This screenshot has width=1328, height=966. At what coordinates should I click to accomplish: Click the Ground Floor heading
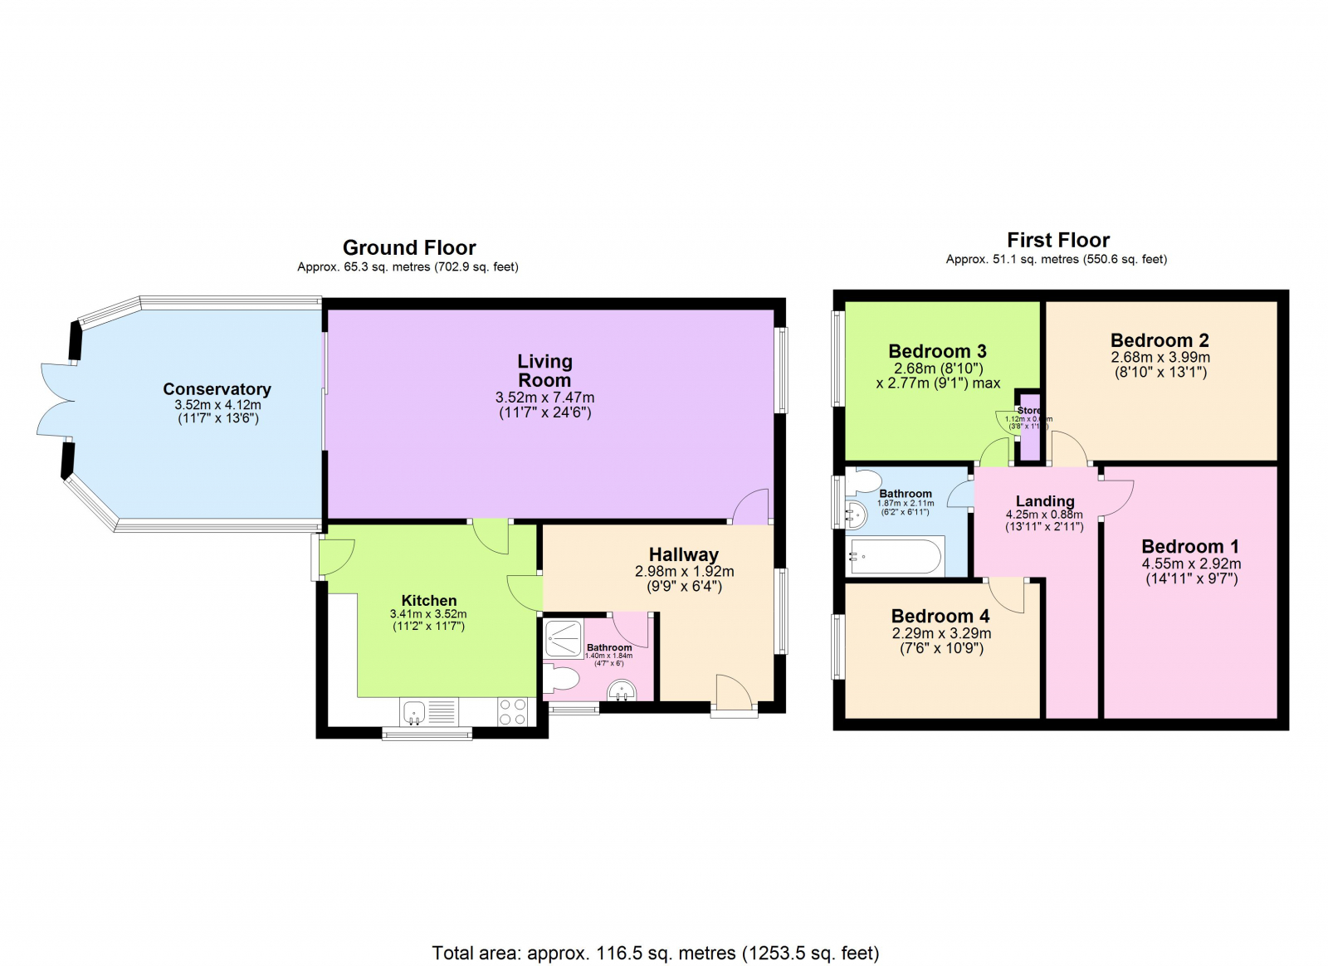click(409, 247)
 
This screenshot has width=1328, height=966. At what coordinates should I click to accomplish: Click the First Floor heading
click(1057, 240)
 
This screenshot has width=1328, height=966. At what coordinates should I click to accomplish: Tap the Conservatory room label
click(217, 389)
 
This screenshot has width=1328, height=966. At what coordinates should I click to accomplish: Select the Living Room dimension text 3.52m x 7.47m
click(544, 398)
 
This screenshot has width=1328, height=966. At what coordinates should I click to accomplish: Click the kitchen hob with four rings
click(512, 712)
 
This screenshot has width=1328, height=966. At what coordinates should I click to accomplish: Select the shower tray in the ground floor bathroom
click(564, 639)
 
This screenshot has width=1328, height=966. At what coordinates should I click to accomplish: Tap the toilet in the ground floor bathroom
click(561, 681)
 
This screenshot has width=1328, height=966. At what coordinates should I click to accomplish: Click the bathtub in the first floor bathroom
click(895, 557)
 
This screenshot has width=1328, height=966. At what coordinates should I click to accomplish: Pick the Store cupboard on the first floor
click(1028, 432)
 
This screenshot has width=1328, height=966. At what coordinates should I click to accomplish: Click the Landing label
click(1045, 501)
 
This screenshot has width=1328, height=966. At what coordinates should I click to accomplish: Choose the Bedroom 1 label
click(1189, 546)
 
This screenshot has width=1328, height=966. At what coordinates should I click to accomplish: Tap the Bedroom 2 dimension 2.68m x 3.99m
click(1160, 357)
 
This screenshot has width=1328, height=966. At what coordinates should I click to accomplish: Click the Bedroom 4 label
click(940, 616)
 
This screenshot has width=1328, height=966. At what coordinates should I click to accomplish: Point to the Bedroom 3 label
click(937, 351)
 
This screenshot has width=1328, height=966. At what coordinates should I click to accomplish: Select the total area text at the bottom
click(655, 953)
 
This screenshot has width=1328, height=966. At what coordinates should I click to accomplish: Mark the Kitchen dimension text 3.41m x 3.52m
click(428, 614)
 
